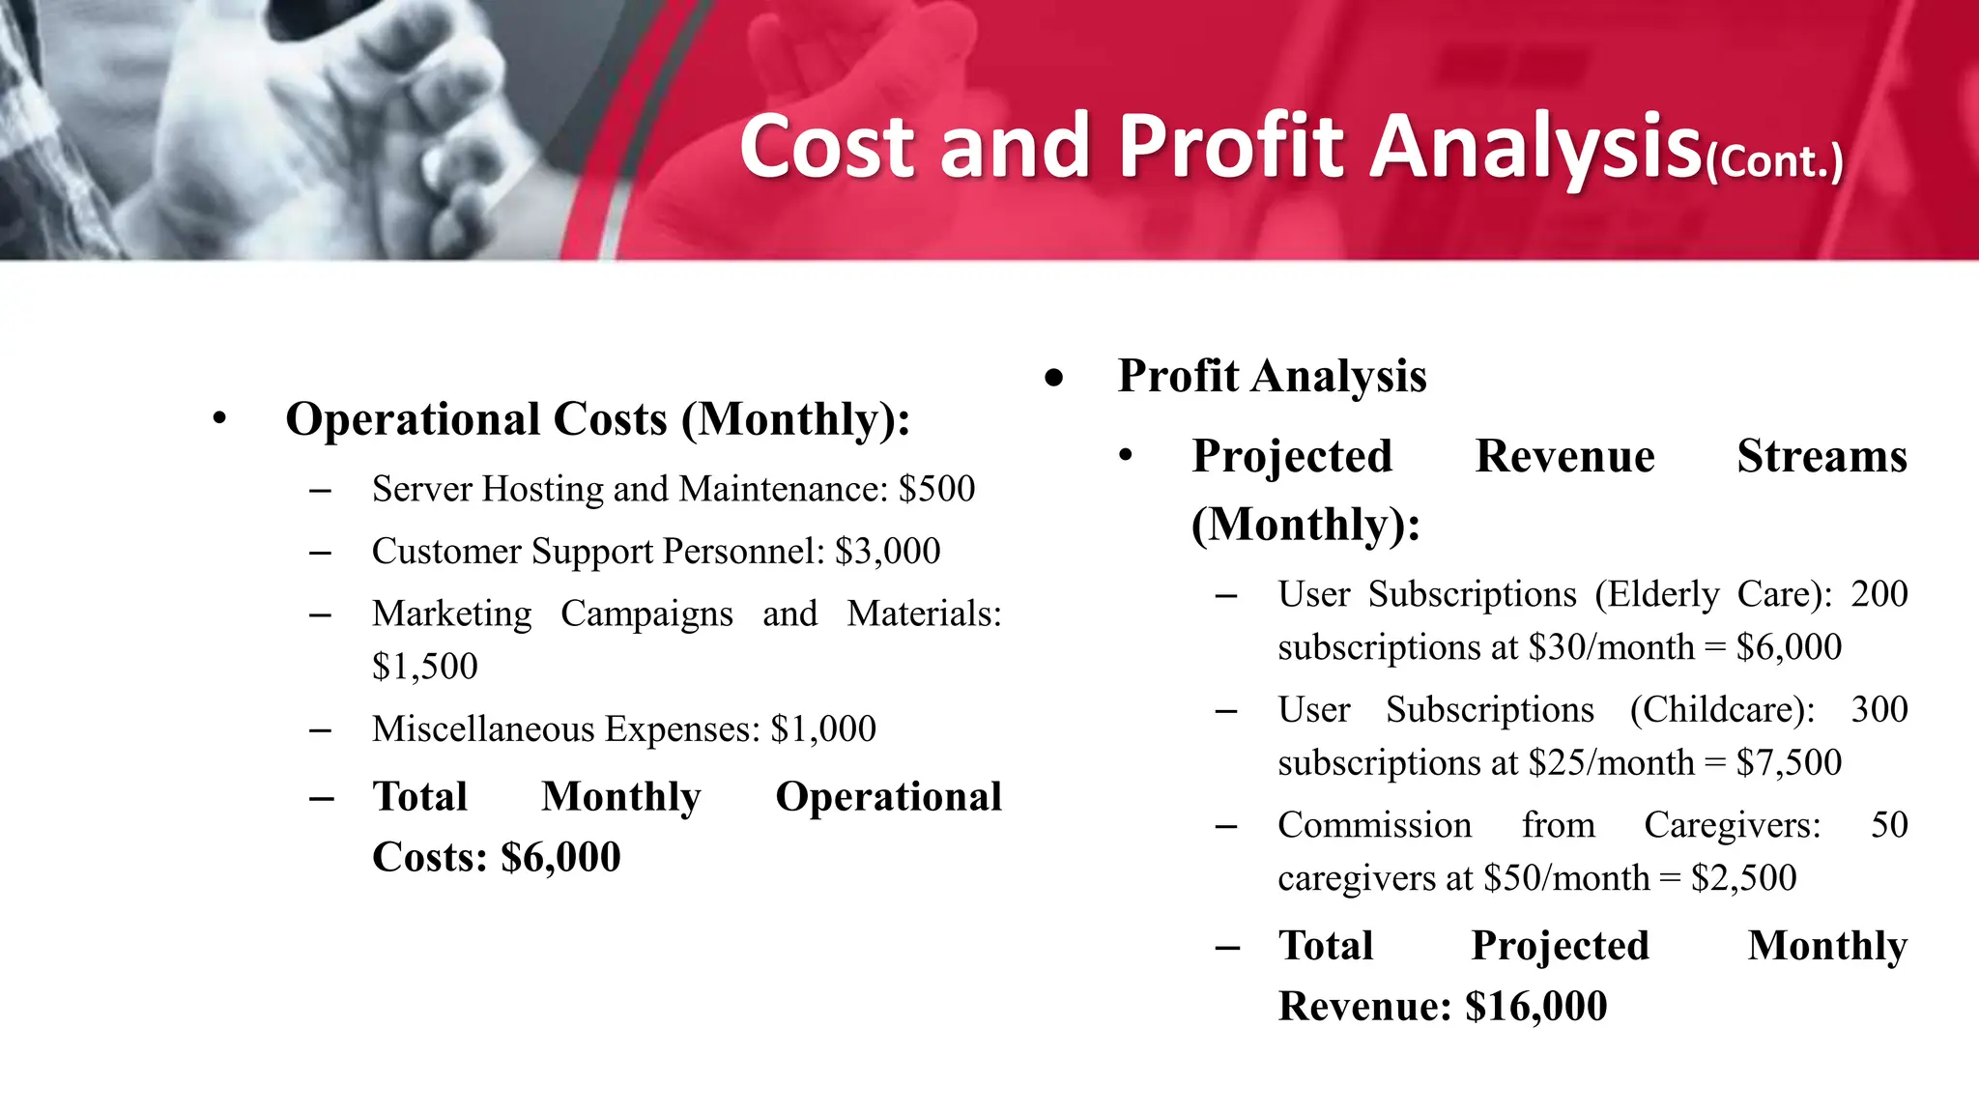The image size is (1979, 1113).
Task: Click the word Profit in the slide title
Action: pos(1231,147)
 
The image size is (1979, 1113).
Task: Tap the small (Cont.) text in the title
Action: pos(1774,161)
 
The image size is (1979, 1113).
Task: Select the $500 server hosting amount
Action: pos(936,489)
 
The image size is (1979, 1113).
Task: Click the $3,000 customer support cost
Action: pos(887,551)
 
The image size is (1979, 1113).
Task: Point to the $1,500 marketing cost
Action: pos(425,666)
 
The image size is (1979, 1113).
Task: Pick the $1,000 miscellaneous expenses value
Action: pos(823,728)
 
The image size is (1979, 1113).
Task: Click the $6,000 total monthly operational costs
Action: pos(560,857)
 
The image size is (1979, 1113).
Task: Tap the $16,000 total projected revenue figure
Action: pos(1536,1007)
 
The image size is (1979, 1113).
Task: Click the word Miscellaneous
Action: pos(484,728)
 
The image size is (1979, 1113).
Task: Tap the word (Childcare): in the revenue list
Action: pos(1722,709)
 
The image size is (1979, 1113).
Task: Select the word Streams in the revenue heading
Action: pos(1821,456)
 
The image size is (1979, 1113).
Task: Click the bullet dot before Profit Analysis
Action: pos(1054,378)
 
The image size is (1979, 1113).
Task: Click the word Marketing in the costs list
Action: pos(451,614)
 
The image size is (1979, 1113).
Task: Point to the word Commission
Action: pos(1374,825)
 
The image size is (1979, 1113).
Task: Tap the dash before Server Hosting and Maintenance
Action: pos(320,491)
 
